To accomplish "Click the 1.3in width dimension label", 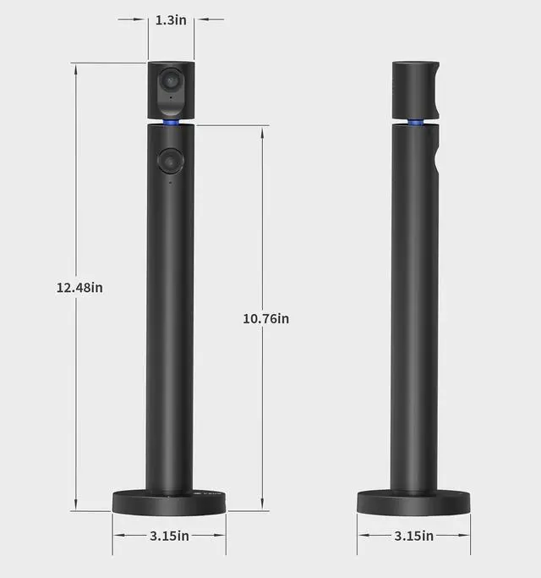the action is pos(171,20).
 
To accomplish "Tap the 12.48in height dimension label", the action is pos(79,288).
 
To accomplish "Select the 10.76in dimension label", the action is pos(266,318).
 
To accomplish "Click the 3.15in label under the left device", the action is pos(169,536).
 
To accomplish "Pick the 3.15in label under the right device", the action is pos(414,536).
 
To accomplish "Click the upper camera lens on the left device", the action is pos(170,80).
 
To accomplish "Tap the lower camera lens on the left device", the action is pos(170,161).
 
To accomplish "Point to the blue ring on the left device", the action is pos(171,123).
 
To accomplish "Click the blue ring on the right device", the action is pos(415,123).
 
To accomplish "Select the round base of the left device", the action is pos(169,502).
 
